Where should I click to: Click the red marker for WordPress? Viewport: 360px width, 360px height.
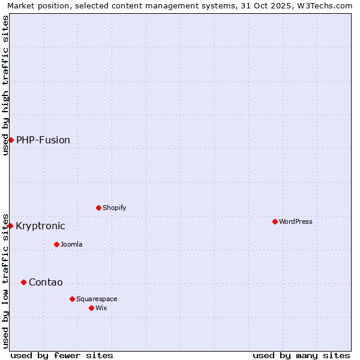[x=275, y=221]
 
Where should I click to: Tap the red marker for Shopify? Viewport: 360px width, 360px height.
[x=98, y=208]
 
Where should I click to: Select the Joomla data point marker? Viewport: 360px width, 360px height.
[x=56, y=244]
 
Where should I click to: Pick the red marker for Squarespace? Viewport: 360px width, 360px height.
[x=72, y=299]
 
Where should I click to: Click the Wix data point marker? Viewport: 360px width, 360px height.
[x=91, y=308]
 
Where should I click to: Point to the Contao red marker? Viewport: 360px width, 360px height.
[x=23, y=282]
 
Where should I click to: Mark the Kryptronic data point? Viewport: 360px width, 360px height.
[x=10, y=226]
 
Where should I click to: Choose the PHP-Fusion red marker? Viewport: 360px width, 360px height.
[x=11, y=140]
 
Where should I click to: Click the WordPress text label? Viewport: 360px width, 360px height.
[x=295, y=221]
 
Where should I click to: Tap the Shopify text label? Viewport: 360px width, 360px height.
[x=114, y=208]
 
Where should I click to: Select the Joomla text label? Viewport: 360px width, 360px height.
[x=71, y=244]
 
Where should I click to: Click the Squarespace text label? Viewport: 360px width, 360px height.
[x=97, y=299]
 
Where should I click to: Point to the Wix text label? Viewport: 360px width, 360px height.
[x=101, y=308]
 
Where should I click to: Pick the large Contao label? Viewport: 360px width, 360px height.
[x=46, y=283]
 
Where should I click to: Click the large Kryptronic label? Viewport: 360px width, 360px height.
[x=40, y=226]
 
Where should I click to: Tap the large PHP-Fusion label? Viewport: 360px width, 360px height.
[x=43, y=140]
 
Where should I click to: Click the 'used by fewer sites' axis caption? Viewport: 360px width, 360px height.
[x=62, y=355]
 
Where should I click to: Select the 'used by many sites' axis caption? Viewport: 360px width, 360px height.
[x=301, y=355]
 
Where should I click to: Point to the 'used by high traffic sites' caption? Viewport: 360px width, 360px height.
[x=5, y=85]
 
